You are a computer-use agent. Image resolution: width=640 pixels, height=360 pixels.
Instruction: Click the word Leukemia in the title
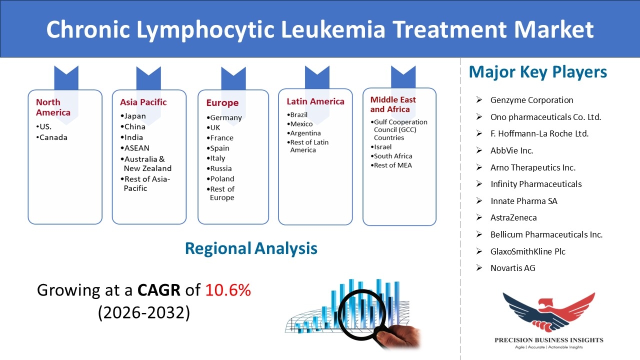333,29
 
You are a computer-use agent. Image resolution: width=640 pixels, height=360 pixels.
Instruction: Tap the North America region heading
53,107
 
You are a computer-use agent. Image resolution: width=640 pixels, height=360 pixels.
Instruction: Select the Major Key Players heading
537,72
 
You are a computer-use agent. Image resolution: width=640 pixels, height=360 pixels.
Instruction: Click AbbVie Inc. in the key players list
511,150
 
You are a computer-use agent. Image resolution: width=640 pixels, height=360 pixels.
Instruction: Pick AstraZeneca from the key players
513,217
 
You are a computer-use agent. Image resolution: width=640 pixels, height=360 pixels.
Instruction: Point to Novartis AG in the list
513,268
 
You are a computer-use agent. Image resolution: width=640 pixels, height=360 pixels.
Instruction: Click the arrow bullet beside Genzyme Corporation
479,99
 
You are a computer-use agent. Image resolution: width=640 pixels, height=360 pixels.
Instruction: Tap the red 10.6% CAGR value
228,290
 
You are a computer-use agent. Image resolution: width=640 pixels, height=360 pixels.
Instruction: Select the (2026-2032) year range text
144,312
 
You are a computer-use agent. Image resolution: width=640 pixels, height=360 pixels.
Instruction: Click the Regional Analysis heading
251,248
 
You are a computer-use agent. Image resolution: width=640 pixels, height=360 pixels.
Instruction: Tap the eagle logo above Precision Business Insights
549,312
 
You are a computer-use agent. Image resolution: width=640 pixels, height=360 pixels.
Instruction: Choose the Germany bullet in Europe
224,117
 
